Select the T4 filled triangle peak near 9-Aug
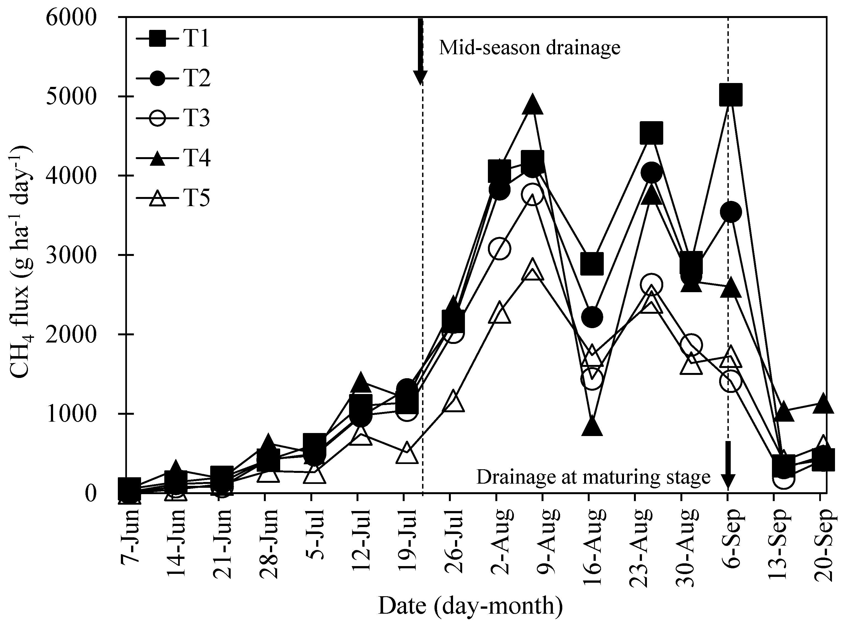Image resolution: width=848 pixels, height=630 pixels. tap(533, 104)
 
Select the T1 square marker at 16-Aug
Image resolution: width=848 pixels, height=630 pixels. tap(592, 263)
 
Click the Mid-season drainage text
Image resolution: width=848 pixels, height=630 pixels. tap(529, 48)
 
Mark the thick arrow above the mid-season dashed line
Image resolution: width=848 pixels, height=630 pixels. tap(420, 50)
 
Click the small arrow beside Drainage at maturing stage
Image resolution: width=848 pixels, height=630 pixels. tap(728, 466)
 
